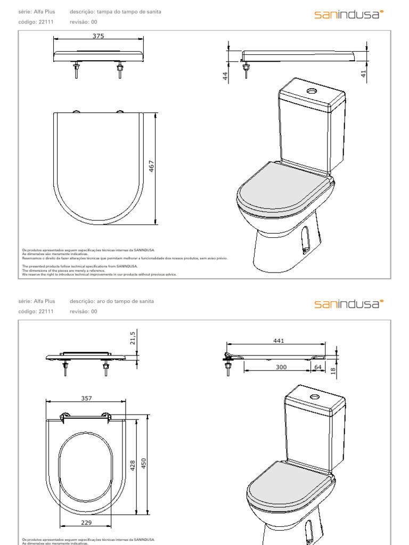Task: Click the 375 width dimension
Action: pos(98,36)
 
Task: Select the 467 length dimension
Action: pos(151,167)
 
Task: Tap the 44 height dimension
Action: pos(225,76)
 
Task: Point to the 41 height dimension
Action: pos(364,75)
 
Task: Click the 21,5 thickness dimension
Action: pos(133,337)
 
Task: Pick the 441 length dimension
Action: pos(279,341)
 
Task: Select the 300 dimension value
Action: pos(281,367)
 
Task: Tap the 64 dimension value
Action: pos(318,367)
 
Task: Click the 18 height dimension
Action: pos(333,370)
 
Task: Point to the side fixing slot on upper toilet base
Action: pos(305,238)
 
